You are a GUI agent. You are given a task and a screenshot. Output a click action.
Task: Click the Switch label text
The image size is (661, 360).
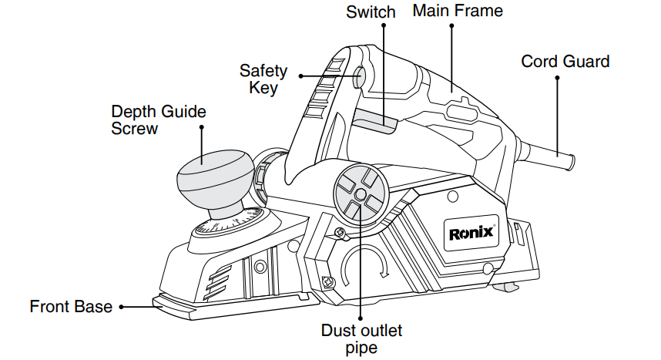(371, 12)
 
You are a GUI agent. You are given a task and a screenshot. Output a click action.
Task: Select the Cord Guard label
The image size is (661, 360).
(565, 61)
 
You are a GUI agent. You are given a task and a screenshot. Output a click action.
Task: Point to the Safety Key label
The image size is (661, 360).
(263, 79)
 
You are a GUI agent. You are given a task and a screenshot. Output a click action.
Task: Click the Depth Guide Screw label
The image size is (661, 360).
(159, 119)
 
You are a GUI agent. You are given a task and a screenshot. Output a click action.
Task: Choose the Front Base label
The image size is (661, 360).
(71, 306)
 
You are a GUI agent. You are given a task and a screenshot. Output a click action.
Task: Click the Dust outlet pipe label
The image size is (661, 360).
(361, 338)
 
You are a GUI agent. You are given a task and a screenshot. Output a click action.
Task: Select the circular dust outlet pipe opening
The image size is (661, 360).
(358, 193)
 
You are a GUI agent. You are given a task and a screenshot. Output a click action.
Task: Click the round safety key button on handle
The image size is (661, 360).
(360, 77)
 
